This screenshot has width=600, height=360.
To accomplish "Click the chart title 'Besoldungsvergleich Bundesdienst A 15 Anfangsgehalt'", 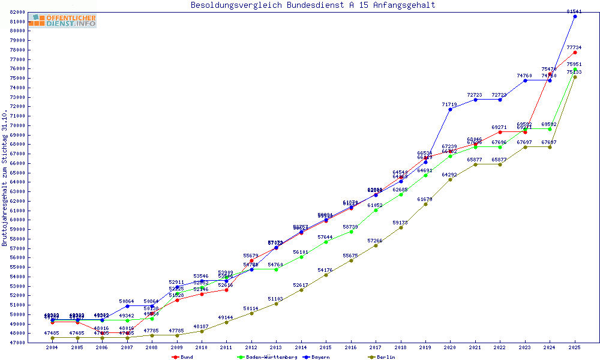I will click(313, 5).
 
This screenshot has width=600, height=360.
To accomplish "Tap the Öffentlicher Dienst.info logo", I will click(62, 20).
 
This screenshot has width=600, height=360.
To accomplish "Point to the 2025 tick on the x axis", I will click(575, 348).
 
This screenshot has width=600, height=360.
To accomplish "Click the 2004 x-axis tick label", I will click(53, 348).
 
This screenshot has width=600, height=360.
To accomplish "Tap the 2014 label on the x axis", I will click(301, 348).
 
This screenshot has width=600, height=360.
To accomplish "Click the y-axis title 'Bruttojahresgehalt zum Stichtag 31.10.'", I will click(5, 178).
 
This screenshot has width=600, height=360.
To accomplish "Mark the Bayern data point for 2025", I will click(575, 16).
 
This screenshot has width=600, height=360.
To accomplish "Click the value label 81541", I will click(574, 11).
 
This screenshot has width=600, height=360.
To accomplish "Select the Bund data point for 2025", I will click(575, 52).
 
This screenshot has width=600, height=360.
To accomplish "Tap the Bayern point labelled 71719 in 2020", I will click(450, 109).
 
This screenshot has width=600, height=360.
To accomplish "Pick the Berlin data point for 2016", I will click(351, 260).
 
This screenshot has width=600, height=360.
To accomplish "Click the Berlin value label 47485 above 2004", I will click(53, 332).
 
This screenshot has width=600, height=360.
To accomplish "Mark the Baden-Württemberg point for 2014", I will click(301, 257).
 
